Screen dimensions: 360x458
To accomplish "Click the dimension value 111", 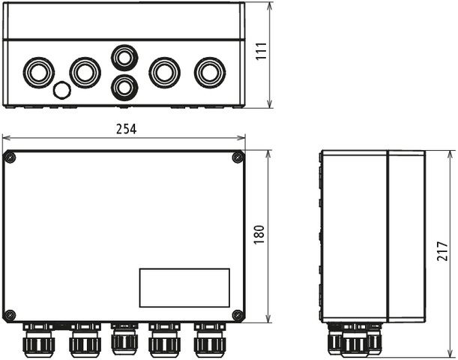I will pos(260,51).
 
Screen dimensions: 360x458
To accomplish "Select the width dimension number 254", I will pos(126,129).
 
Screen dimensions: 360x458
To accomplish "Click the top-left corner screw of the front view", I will pos(10,157).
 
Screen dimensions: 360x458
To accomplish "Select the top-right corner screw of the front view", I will pos(238,157).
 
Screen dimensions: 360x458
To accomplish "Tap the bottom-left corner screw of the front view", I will pos(10,315).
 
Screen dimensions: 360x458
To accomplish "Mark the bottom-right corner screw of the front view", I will pos(238,315).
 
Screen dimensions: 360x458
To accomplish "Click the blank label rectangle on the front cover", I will pos(184,288).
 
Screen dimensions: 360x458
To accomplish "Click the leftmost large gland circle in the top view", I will pos(38,72).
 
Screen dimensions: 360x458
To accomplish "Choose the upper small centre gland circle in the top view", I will pos(124,57).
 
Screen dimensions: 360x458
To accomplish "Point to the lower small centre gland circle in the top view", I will pos(124,87).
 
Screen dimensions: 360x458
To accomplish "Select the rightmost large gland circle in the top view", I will pos(209,72).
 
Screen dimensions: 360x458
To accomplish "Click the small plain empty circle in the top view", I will pos(61,91).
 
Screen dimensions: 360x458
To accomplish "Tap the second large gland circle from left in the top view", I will pos(85,72).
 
